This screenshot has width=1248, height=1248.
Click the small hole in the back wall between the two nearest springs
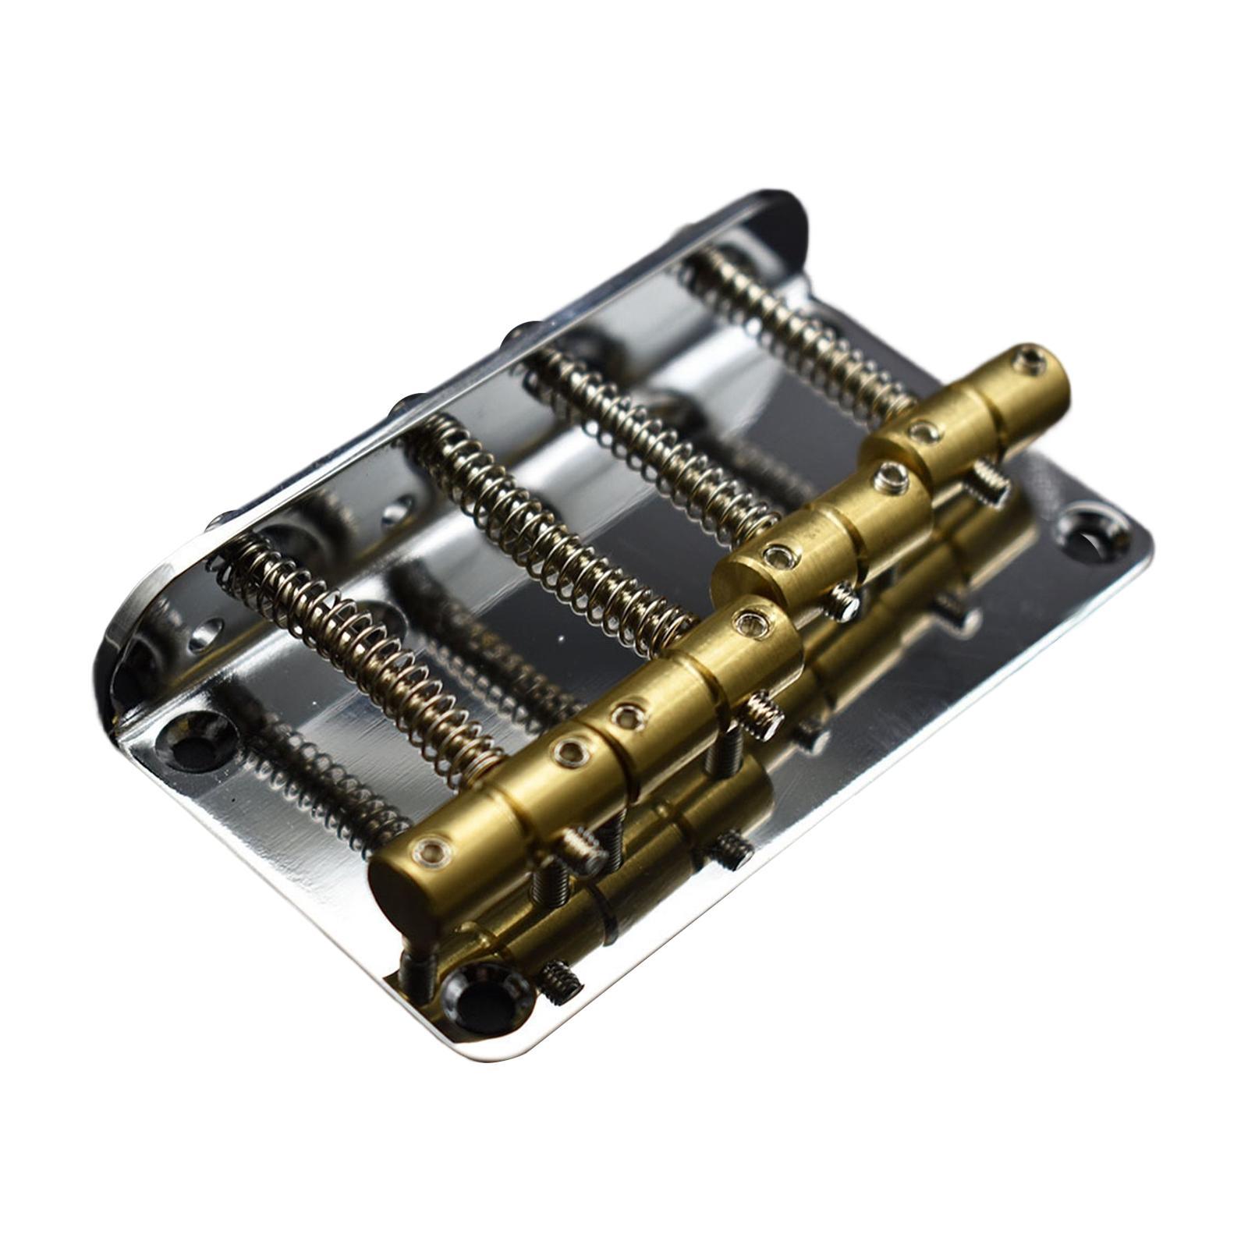(397, 512)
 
